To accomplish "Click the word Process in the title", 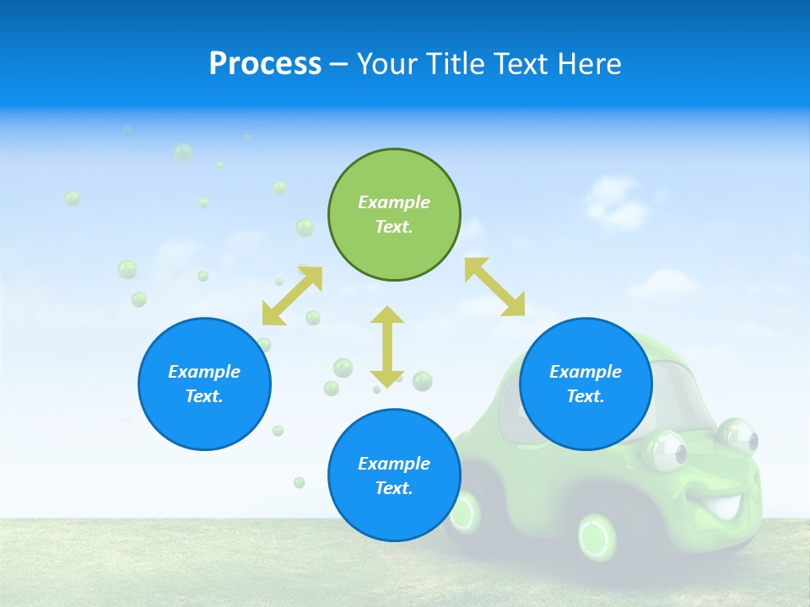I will [x=265, y=64].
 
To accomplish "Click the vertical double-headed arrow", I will [x=387, y=346].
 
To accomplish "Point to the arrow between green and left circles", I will [x=293, y=296].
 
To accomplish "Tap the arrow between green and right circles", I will [x=495, y=287].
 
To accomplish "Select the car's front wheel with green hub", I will [x=597, y=534].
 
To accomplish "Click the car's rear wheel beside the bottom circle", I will [x=466, y=510].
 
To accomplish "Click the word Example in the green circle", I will [x=394, y=202].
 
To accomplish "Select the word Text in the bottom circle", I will [x=393, y=488].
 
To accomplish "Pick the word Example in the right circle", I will [x=586, y=372].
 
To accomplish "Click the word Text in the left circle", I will [x=204, y=396].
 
